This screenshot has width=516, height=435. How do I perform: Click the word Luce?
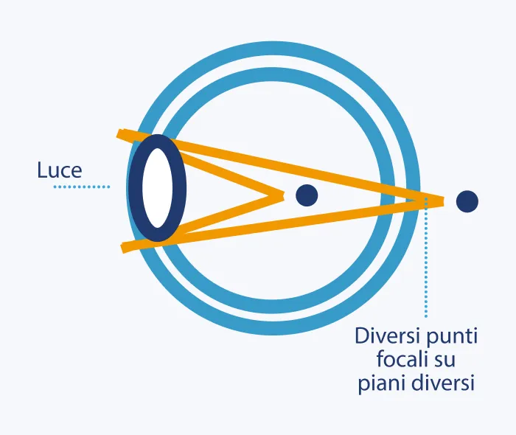(59, 171)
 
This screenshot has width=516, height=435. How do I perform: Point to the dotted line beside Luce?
(81, 187)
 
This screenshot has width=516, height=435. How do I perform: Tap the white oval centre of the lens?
(157, 187)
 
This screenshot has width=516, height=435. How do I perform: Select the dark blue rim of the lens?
(135, 187)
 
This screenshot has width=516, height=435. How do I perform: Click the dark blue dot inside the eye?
(306, 195)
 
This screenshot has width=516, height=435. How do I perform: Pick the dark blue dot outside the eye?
(467, 201)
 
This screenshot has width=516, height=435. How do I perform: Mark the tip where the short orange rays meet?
(282, 195)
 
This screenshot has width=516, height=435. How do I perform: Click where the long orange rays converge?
(441, 200)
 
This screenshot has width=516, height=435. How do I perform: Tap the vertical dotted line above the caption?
(425, 265)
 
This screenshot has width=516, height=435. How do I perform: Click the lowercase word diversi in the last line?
(442, 384)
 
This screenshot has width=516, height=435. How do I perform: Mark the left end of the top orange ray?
(120, 134)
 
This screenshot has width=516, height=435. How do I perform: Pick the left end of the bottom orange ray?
(122, 248)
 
